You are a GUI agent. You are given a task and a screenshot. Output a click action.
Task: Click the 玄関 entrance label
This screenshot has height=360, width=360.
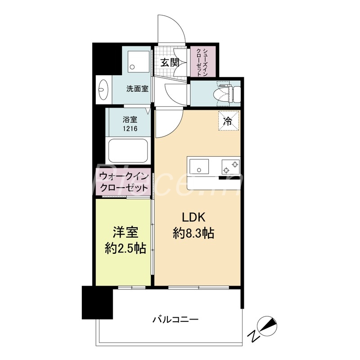pyautogui.click(x=171, y=63)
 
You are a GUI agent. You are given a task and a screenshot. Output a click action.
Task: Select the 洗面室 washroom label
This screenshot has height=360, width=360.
pyautogui.click(x=137, y=89)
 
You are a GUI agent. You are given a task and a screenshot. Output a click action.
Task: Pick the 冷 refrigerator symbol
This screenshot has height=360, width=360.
pyautogui.click(x=229, y=121)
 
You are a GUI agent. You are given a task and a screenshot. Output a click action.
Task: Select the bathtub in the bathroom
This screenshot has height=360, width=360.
pyautogui.click(x=129, y=152)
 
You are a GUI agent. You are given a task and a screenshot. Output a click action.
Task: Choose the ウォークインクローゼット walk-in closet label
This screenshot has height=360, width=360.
pyautogui.click(x=123, y=182)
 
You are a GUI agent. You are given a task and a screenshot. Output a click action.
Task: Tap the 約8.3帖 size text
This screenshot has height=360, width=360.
pyautogui.click(x=193, y=233)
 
